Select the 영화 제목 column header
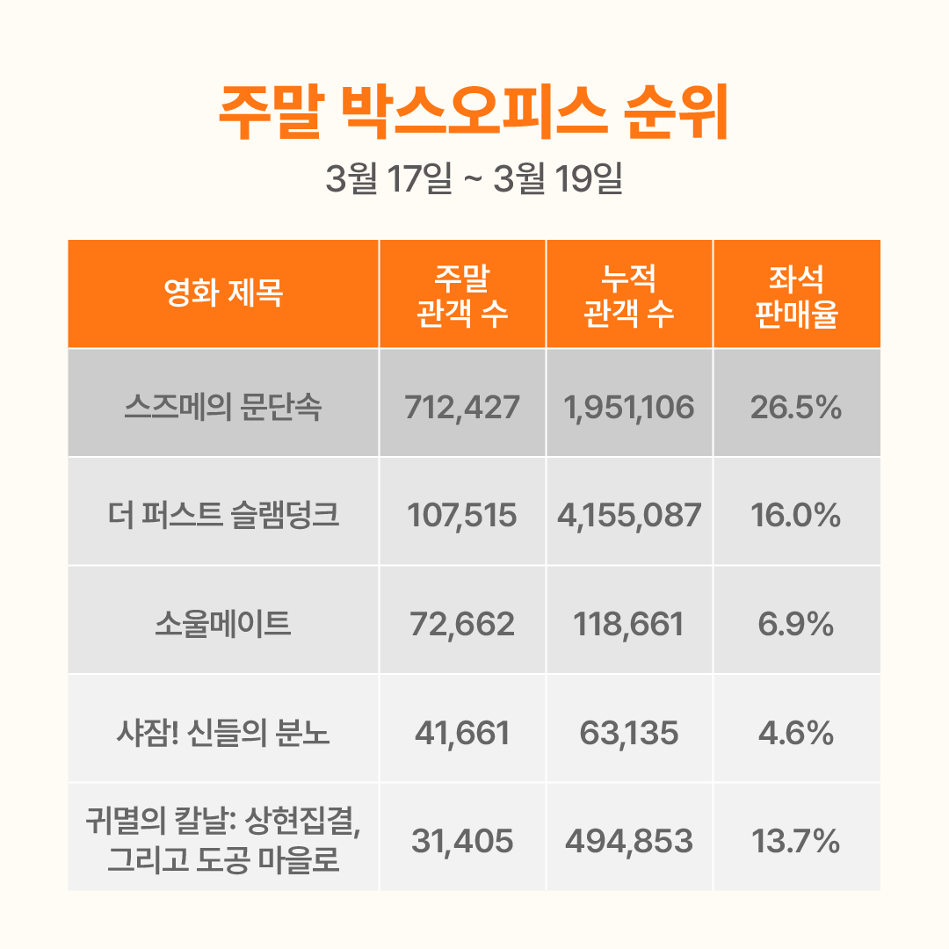pos(223,293)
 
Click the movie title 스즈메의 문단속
pos(223,408)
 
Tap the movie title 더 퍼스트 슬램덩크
pos(223,516)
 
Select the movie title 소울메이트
pos(223,625)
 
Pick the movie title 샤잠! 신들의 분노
pos(223,733)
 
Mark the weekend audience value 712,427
pos(462,408)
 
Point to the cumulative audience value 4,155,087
pos(629,516)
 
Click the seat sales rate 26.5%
pos(796,408)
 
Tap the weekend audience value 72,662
pos(462,625)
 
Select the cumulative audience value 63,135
pos(629,733)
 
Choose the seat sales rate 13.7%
pos(796,842)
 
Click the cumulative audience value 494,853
pos(629,842)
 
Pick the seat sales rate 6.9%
pos(796,625)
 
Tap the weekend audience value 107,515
pos(462,516)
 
